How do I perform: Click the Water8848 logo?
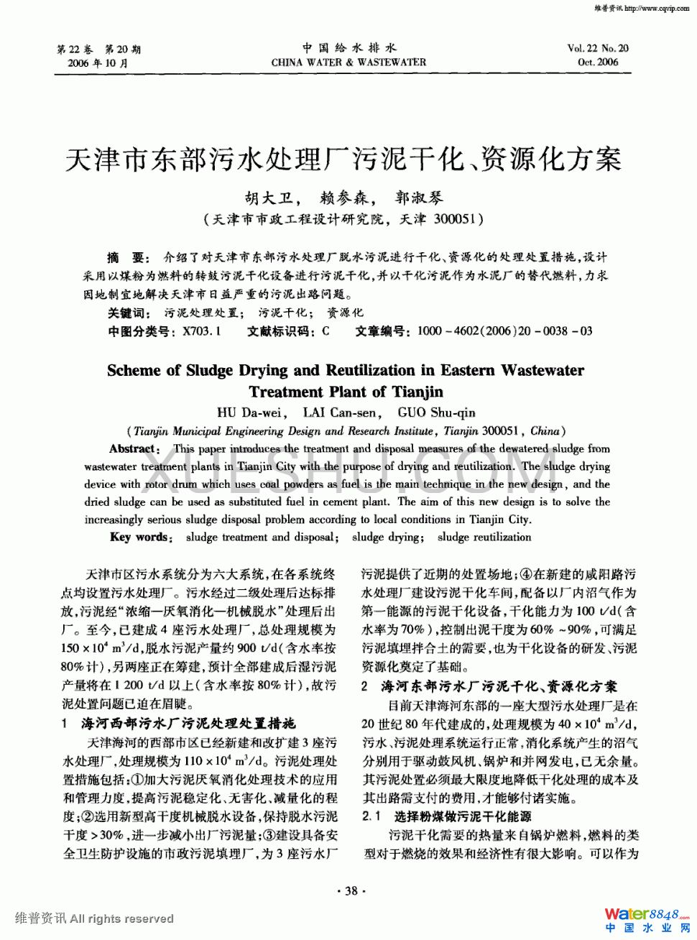646,915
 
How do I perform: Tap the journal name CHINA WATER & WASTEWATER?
348,63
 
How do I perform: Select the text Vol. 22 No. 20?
597,48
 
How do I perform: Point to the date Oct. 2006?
597,63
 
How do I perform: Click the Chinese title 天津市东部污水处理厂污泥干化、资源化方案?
343,159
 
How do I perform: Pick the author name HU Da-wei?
249,413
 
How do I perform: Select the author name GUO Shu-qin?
436,413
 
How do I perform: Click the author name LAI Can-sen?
340,413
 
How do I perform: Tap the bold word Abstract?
134,448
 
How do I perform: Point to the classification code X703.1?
201,331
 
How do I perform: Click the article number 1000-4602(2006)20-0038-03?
504,331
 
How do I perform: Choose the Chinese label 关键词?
129,313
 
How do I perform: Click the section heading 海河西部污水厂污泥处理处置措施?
188,723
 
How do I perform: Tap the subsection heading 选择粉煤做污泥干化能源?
462,816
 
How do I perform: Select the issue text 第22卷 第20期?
98,49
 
